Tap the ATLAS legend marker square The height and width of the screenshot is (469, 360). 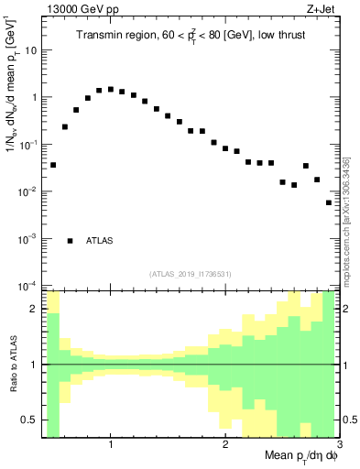pos(70,241)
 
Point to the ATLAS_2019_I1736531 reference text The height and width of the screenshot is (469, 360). pos(191,274)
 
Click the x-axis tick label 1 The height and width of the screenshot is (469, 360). pos(111,445)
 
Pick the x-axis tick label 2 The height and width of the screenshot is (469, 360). pos(224,445)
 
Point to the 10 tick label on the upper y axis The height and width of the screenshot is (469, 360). pos(32,50)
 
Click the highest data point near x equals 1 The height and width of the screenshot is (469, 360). pos(111,90)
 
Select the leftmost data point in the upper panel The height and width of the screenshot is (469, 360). pos(53,165)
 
